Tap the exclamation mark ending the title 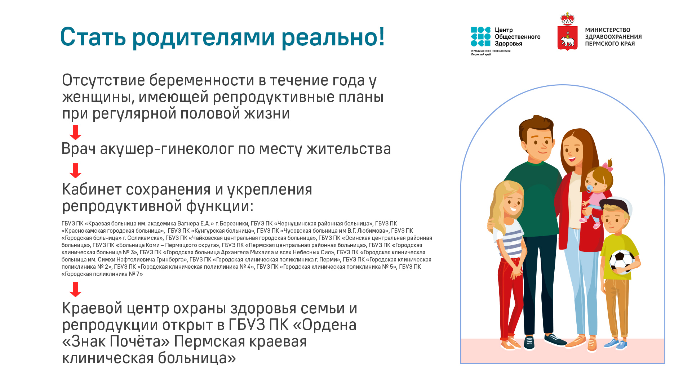click(381, 37)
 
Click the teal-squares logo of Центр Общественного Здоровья click(480, 37)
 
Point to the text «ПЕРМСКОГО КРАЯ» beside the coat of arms click(610, 44)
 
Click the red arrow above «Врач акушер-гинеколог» click(75, 133)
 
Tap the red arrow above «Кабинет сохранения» click(75, 171)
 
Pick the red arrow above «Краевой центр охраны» click(75, 290)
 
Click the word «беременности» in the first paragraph click(202, 80)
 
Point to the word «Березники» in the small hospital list click(234, 224)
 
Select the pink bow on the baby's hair click(608, 164)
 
